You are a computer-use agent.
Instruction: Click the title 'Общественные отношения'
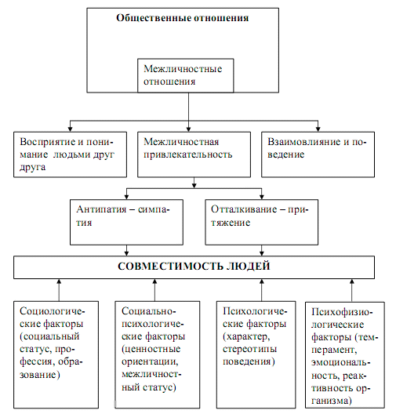click(183, 18)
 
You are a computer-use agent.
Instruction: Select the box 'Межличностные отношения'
click(186, 75)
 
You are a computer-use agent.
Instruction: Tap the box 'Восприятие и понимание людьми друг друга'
click(71, 154)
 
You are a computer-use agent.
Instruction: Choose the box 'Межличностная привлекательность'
click(194, 154)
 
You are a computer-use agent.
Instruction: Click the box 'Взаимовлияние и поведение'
click(318, 154)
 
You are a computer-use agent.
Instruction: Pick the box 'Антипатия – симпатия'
click(126, 222)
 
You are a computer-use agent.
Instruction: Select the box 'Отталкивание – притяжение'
click(262, 222)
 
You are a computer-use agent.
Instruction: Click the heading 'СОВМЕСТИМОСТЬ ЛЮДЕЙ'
click(194, 266)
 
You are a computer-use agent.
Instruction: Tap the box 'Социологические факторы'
click(56, 354)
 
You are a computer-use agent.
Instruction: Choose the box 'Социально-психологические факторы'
click(158, 354)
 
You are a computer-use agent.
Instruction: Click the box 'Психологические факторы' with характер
click(256, 354)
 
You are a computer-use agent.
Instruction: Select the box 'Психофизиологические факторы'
click(345, 355)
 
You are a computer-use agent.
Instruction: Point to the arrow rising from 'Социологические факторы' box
click(59, 290)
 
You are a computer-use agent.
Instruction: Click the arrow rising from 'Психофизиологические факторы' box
click(351, 290)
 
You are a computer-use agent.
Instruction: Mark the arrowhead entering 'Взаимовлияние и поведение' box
click(318, 129)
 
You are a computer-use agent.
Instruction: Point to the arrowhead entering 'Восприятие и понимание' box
click(70, 129)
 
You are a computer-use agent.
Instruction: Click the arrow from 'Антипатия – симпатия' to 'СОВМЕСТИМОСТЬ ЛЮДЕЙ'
click(126, 250)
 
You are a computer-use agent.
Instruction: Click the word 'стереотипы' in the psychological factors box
click(249, 350)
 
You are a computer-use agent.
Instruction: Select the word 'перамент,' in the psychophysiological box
click(334, 350)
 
